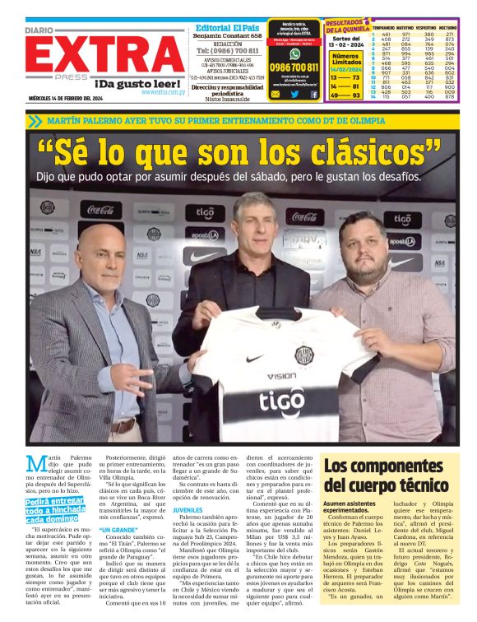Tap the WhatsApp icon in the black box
(294, 53)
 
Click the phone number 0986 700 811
(294, 67)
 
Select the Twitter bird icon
(294, 95)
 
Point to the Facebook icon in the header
(313, 95)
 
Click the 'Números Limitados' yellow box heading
(345, 58)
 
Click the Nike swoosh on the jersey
(254, 359)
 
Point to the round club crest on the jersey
(303, 355)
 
